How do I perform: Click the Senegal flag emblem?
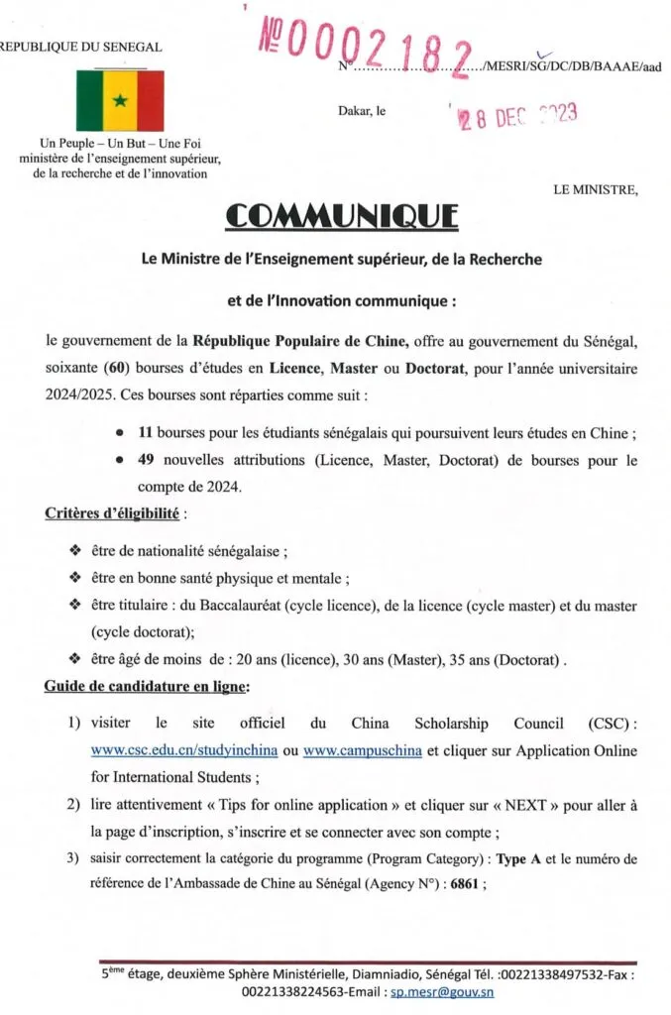coord(120,101)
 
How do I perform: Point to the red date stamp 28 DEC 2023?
coord(515,119)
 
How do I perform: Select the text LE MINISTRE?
coord(596,189)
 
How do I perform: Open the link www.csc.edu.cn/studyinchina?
coord(183,751)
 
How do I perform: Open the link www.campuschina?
coord(363,751)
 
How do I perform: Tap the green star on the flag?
coord(120,101)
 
